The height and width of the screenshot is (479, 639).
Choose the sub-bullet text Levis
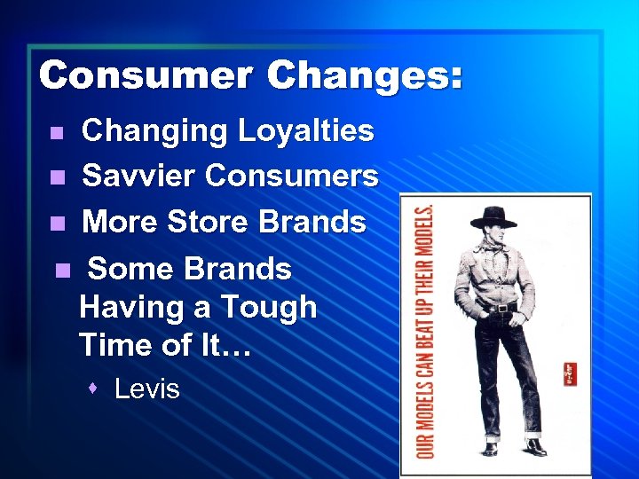coord(147,389)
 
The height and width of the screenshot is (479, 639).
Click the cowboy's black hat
coord(493,216)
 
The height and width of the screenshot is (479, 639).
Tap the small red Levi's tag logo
coord(569,373)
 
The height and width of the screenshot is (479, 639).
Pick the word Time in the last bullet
coord(115,345)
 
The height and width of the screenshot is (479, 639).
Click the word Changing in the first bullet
coord(154,131)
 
